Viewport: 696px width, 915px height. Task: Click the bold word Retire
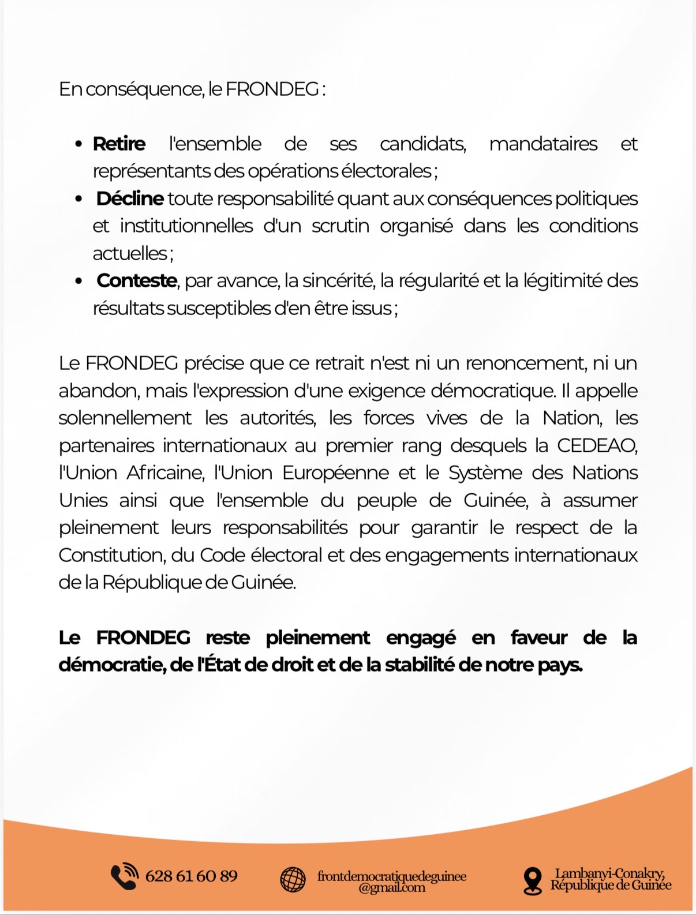pos(119,144)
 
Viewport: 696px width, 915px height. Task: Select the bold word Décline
pos(130,198)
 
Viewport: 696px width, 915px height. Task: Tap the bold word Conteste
pos(137,280)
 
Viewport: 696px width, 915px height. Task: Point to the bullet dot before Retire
pos(79,144)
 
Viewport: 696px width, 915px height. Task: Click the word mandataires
pos(543,144)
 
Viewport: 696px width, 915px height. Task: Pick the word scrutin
pos(340,226)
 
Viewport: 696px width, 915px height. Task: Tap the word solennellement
pos(125,418)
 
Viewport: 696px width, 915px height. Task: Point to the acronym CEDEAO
pos(597,445)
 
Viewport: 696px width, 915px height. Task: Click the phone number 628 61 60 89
pos(191,876)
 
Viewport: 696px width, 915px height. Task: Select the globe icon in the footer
pos(293,880)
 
